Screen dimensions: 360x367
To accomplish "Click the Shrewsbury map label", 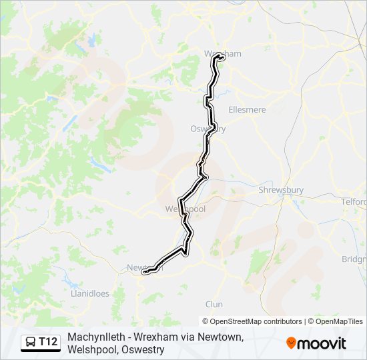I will point(281,190).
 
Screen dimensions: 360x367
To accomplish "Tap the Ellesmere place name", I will point(247,109).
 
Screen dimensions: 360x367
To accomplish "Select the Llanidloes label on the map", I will point(89,293).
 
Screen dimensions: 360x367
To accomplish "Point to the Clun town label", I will point(214,304).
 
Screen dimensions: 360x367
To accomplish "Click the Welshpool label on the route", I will point(185,209).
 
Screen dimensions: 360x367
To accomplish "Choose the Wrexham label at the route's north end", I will point(222,53).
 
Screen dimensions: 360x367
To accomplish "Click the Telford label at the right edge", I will point(353,201).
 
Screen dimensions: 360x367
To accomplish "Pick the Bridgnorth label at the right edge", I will point(354,259).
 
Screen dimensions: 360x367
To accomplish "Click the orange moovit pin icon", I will point(291,343).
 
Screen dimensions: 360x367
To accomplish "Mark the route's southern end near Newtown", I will point(145,271).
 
